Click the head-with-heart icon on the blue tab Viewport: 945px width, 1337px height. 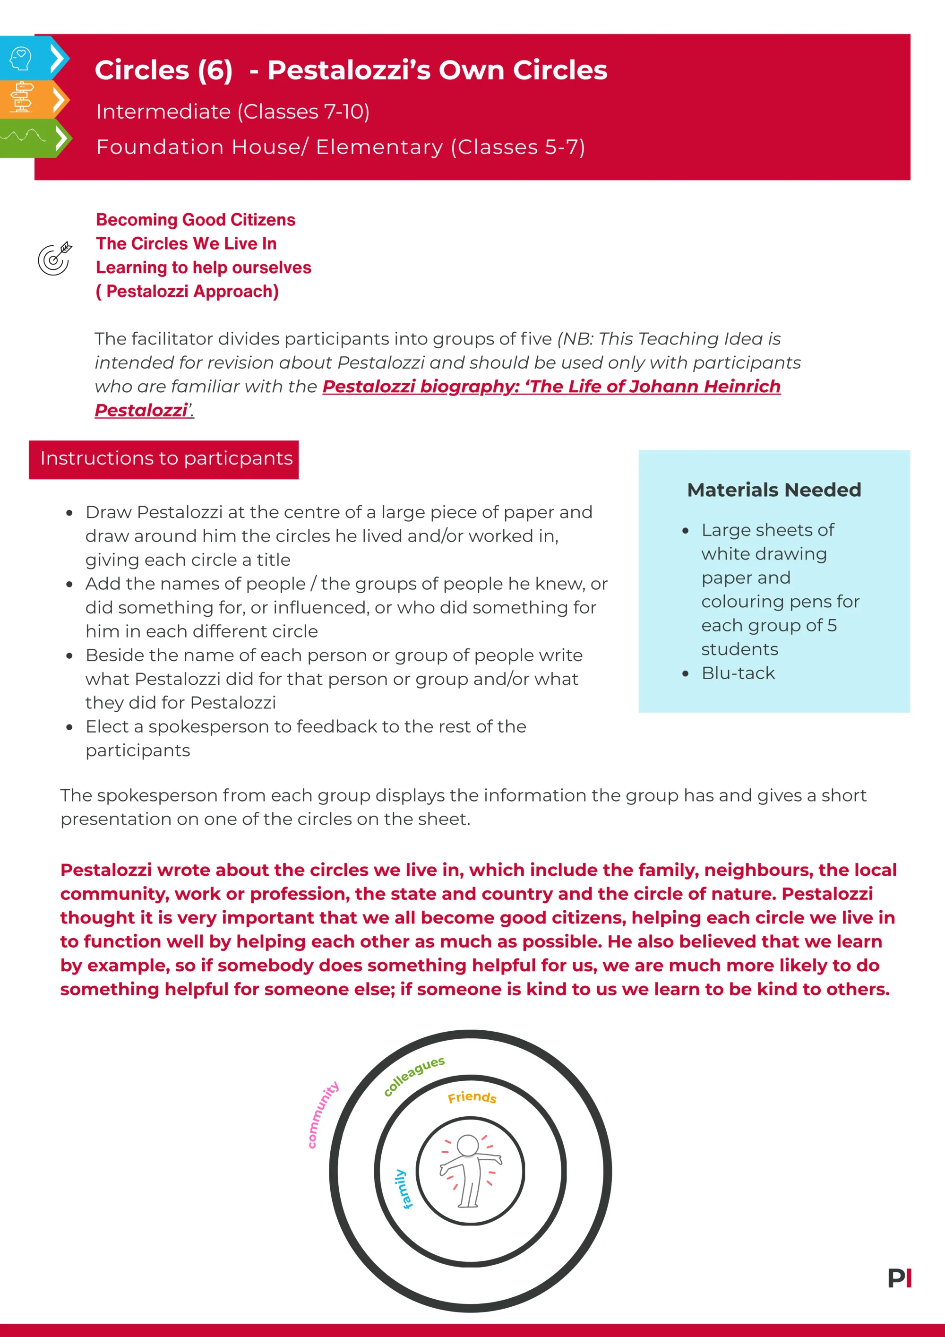click(21, 58)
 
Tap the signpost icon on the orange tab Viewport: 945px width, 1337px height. click(22, 97)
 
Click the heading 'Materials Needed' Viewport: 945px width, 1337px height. click(774, 490)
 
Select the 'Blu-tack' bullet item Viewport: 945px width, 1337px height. click(738, 673)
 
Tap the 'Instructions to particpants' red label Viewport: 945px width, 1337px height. click(166, 459)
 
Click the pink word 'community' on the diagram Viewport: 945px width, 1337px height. click(323, 1114)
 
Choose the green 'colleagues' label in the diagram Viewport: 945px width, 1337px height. click(414, 1076)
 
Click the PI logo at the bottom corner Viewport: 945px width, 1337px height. click(900, 1278)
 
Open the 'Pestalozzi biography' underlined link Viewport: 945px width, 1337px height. click(551, 387)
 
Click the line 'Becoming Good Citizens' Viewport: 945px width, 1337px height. click(196, 220)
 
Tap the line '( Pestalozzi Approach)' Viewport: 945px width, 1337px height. click(187, 291)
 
